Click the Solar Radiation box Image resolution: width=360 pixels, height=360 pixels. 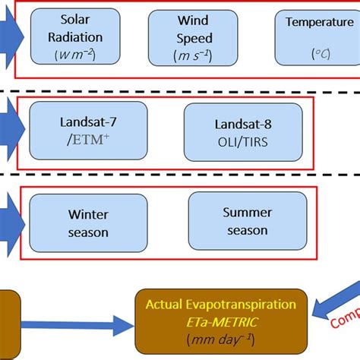click(x=74, y=36)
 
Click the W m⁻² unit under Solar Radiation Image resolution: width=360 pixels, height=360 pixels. click(x=74, y=53)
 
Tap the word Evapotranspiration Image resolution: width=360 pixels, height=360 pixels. click(x=247, y=304)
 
